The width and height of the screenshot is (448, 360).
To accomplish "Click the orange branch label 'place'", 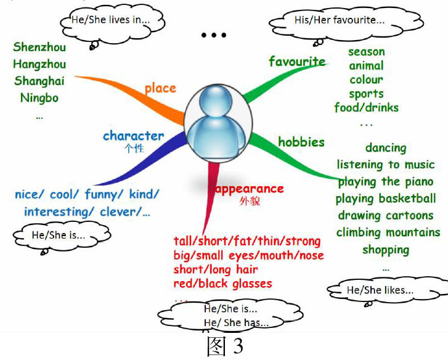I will tap(160, 88).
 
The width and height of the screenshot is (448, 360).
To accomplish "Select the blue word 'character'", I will tap(133, 136).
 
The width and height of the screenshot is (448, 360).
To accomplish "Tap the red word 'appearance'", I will tap(249, 189).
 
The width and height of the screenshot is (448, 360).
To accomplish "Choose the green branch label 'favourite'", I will tap(297, 61).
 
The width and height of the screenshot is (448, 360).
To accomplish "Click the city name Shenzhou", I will tap(39, 47).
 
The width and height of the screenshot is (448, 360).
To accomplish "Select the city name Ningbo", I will tap(39, 97).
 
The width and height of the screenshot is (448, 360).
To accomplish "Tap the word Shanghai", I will tap(39, 81).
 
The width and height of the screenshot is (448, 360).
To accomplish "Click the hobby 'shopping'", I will tap(386, 250).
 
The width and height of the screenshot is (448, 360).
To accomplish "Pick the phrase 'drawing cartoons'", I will tap(386, 216).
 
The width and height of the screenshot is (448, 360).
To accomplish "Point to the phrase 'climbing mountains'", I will tap(388, 232).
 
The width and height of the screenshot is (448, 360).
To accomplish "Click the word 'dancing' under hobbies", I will tap(386, 148).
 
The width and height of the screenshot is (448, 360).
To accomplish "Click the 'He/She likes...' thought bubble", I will tap(380, 290).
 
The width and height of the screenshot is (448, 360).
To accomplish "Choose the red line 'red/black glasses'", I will tap(223, 284).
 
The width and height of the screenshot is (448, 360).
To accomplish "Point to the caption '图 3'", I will tap(224, 346).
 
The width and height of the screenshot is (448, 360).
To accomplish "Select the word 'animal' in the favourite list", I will tap(366, 66).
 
